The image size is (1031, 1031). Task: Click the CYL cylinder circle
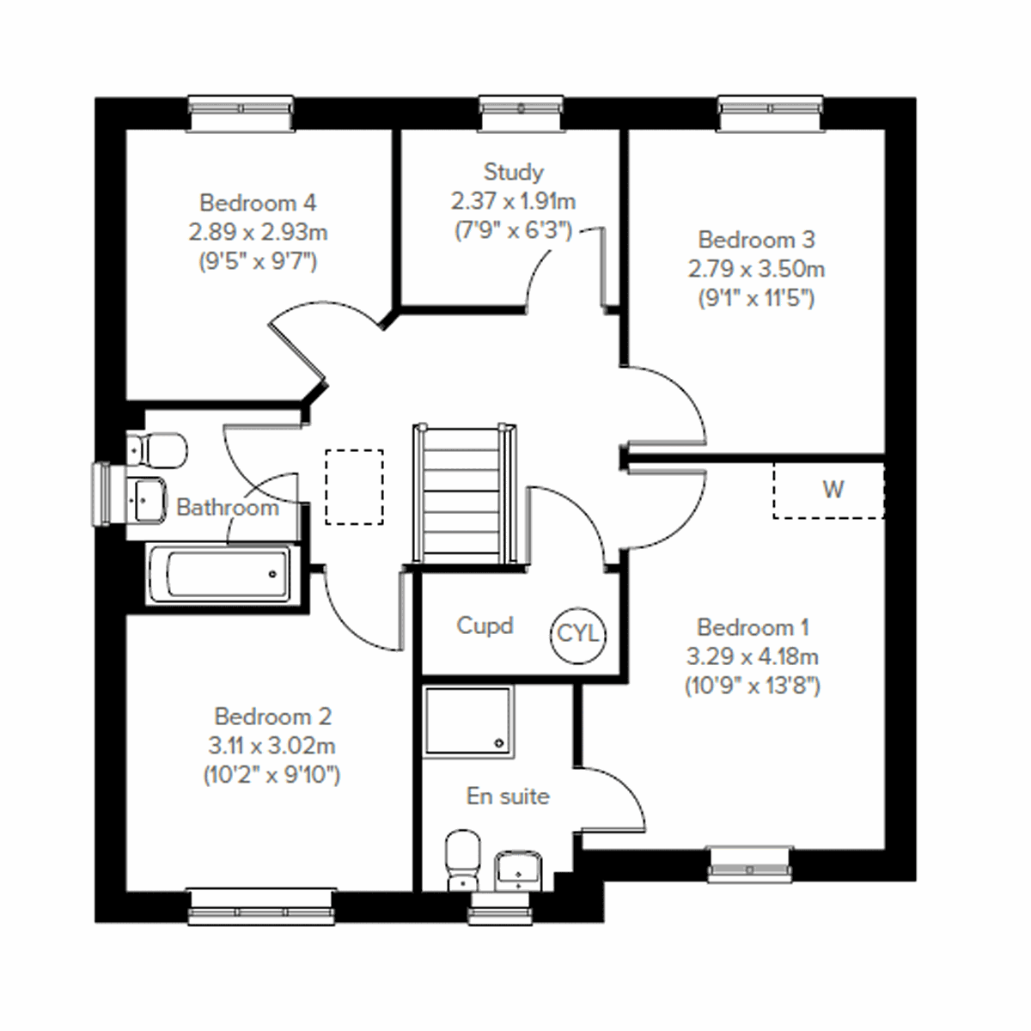pyautogui.click(x=577, y=635)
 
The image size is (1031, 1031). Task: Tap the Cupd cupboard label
pyautogui.click(x=485, y=625)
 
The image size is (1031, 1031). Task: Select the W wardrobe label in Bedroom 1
pyautogui.click(x=833, y=490)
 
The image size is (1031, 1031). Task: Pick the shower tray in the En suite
pyautogui.click(x=468, y=720)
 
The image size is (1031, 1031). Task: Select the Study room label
pyautogui.click(x=513, y=172)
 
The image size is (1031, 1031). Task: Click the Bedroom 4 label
pyautogui.click(x=258, y=203)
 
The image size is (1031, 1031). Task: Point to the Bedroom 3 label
pyautogui.click(x=756, y=239)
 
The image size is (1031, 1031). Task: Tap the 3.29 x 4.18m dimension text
pyautogui.click(x=752, y=657)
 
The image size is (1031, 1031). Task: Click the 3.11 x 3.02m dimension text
pyautogui.click(x=271, y=746)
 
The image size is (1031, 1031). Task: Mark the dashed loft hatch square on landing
pyautogui.click(x=354, y=486)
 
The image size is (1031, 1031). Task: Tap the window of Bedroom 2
pyautogui.click(x=260, y=907)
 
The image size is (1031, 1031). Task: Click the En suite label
pyautogui.click(x=508, y=796)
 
